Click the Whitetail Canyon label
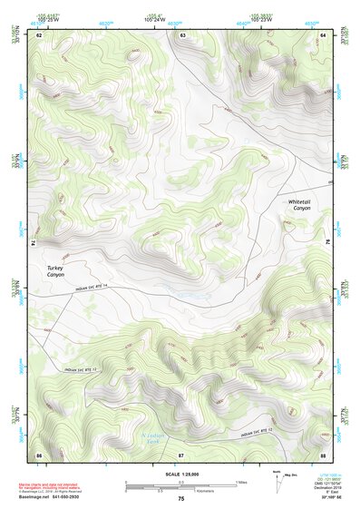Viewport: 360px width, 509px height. [299, 204]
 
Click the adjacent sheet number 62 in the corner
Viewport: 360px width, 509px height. [39, 34]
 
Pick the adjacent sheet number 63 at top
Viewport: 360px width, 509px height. [183, 34]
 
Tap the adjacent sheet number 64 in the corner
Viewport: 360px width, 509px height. [324, 34]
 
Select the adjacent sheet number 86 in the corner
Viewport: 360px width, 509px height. [39, 454]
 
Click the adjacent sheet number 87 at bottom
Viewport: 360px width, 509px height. [181, 454]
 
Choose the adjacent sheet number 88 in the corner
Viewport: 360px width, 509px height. [324, 454]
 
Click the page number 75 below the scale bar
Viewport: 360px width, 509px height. [181, 499]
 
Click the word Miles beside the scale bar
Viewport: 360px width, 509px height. [242, 481]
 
